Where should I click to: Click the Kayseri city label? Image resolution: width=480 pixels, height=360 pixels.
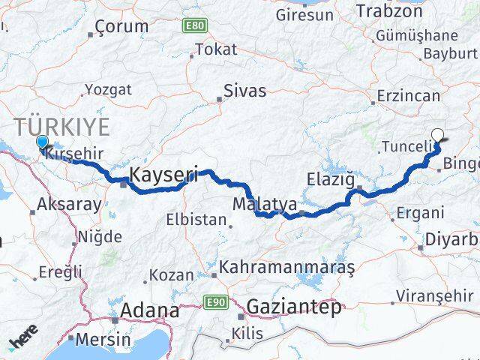[x=163, y=175]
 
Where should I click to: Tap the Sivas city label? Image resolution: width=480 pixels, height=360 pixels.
[x=245, y=91]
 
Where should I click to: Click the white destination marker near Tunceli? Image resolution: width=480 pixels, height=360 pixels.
[x=438, y=136]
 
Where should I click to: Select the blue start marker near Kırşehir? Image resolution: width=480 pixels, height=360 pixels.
[x=42, y=142]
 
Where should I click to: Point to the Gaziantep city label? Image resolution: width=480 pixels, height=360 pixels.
[x=294, y=306]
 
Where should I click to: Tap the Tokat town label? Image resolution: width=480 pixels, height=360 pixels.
[x=215, y=50]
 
